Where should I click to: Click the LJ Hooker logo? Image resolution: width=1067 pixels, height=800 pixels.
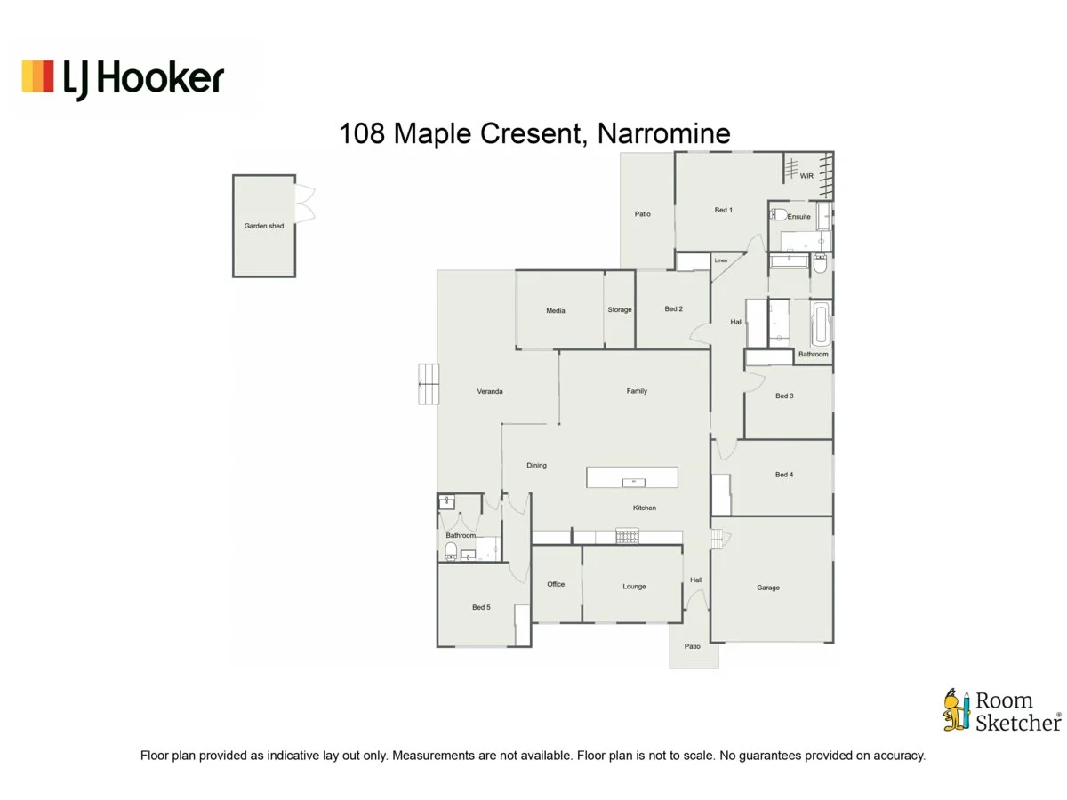[x=123, y=78]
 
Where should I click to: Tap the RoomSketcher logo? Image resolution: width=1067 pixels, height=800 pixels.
[x=1001, y=711]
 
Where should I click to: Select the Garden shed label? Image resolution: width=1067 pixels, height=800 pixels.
[x=264, y=226]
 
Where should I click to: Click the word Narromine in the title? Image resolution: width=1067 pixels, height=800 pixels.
[x=663, y=134]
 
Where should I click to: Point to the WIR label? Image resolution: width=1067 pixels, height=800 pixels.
[x=806, y=176]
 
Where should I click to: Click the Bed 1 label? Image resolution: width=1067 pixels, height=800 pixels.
[x=723, y=211]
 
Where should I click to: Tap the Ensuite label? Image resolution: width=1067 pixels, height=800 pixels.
[x=798, y=216]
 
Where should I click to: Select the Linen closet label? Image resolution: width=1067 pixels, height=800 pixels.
[x=721, y=260]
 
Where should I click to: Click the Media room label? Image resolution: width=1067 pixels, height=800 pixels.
[x=556, y=310]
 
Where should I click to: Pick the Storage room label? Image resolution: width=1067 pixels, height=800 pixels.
[x=620, y=309]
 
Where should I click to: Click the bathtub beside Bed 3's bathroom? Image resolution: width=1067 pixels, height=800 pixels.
[x=821, y=324]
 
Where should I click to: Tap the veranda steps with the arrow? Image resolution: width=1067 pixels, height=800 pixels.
[x=429, y=384]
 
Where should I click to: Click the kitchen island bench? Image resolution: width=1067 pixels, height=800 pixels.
[x=632, y=477]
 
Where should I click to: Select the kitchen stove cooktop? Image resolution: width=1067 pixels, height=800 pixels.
[x=627, y=536]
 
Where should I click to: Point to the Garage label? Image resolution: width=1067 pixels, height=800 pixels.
[x=768, y=588]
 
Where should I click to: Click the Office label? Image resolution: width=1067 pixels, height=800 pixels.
[x=556, y=584]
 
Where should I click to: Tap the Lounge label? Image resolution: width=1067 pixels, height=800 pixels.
[x=634, y=587]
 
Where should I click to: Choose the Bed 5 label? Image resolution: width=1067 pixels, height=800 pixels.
[x=480, y=607]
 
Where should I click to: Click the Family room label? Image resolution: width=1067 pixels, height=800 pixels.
[x=637, y=391]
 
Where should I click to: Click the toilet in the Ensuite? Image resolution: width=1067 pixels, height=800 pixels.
[x=778, y=214]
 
